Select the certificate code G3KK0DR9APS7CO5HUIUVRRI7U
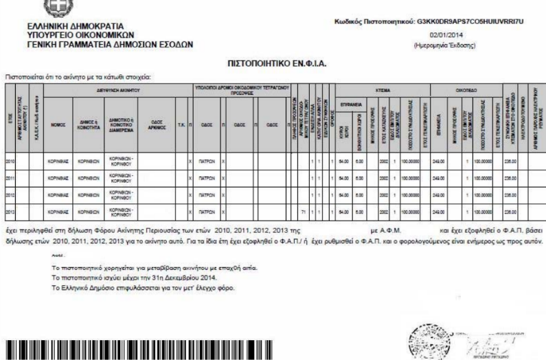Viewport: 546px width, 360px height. [x=475, y=21]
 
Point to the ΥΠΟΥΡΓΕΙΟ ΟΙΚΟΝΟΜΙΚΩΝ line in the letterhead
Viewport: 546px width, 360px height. [x=91, y=34]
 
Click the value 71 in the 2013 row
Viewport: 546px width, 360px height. [x=303, y=207]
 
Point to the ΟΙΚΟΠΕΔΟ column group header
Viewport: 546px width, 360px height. [x=465, y=89]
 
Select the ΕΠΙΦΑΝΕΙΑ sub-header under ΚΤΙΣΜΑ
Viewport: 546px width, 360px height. [x=348, y=103]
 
